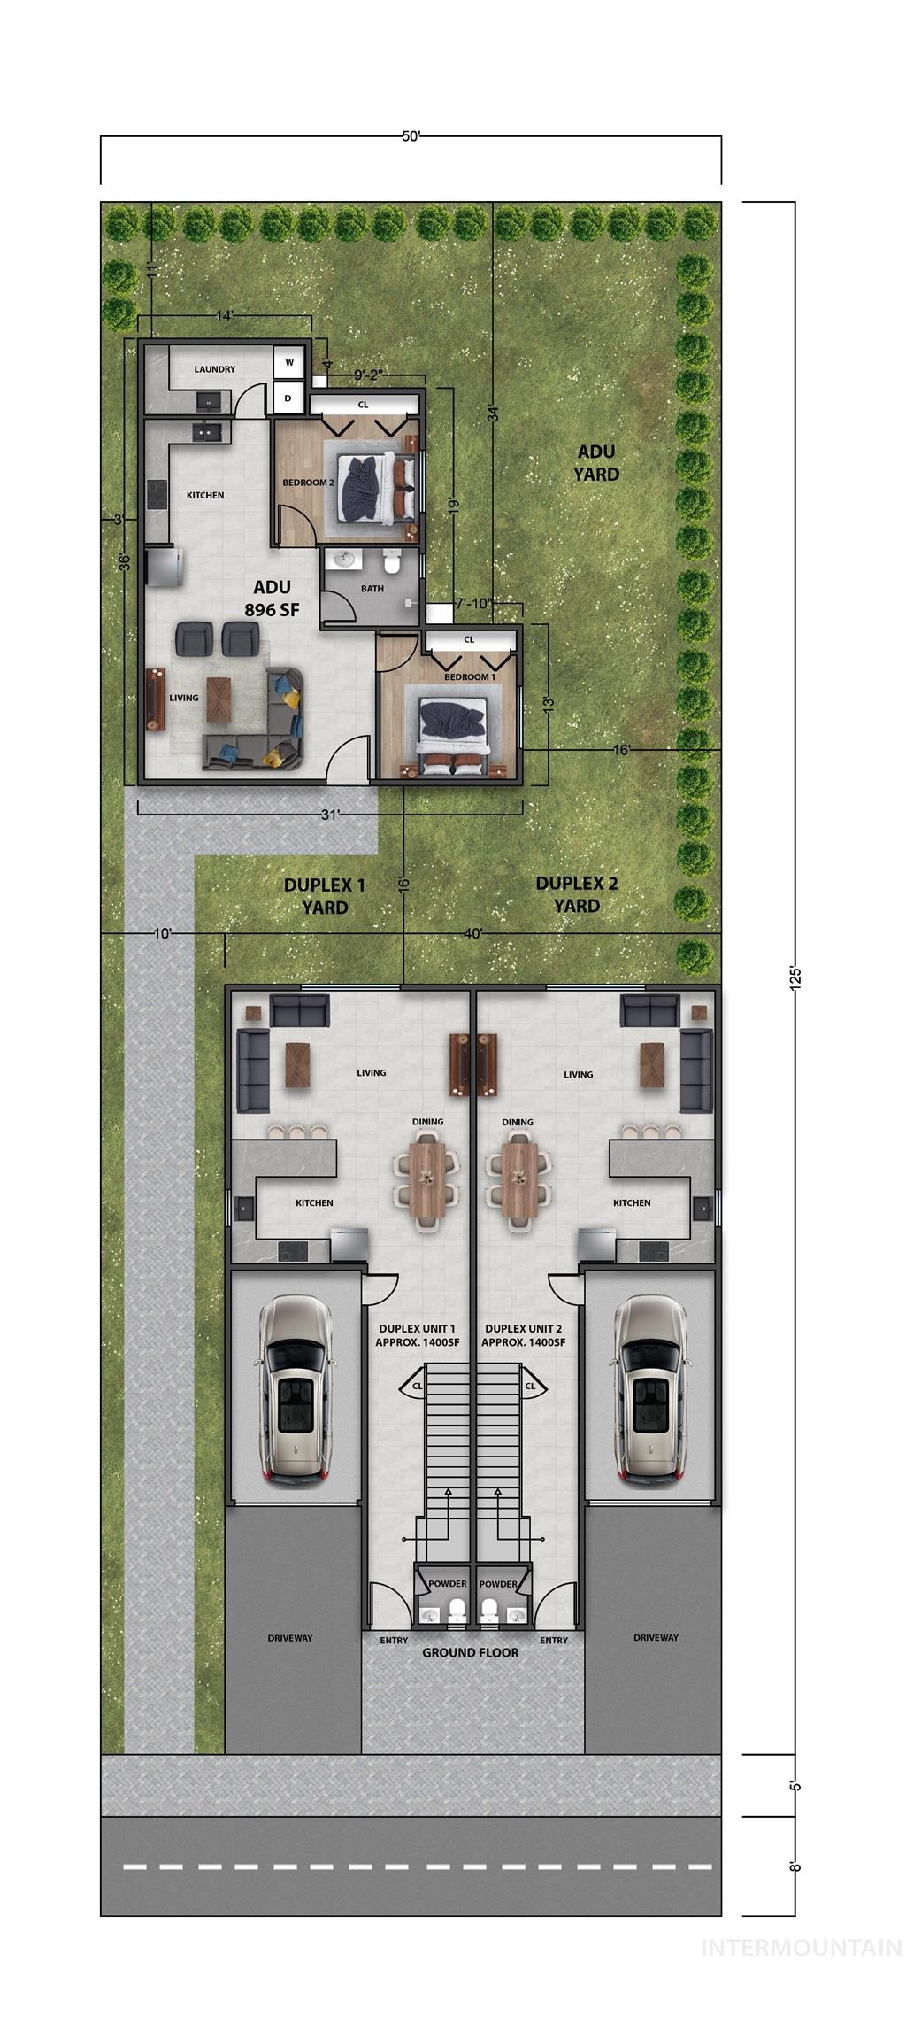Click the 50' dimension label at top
coord(411,136)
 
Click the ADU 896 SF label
coord(272,598)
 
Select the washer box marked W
coord(288,363)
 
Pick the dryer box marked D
coord(288,398)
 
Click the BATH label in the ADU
coord(372,588)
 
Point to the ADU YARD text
coord(595,463)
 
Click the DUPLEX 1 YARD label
coord(325,895)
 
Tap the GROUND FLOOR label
coord(470,1652)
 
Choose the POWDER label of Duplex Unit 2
coord(498,1584)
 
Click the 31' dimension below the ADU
coord(330,815)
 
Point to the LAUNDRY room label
coord(215,369)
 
